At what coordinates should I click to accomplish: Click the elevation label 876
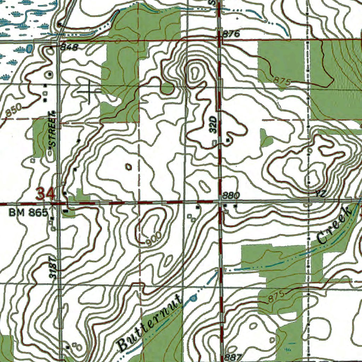[232, 34]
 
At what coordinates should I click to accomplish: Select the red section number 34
[46, 194]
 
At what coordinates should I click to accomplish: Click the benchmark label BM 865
[28, 213]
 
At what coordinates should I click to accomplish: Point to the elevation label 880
[232, 195]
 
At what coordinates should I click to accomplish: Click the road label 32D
[212, 123]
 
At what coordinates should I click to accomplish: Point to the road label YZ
[320, 194]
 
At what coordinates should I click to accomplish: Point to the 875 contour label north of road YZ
[282, 81]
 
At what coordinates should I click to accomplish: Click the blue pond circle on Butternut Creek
[193, 299]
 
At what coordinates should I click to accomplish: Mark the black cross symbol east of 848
[88, 91]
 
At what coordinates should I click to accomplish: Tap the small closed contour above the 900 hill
[128, 166]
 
